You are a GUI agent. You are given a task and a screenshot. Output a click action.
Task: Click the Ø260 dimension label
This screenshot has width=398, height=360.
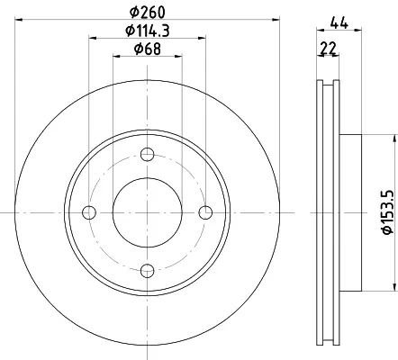(x=148, y=13)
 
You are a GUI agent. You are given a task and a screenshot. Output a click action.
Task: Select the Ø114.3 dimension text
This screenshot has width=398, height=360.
(x=148, y=31)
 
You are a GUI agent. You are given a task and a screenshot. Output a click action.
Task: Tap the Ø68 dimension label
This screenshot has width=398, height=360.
(x=148, y=49)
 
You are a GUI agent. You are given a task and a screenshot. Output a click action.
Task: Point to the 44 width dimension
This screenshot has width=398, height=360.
(x=339, y=22)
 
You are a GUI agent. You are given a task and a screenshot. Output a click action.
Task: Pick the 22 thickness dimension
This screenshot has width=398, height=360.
(x=329, y=49)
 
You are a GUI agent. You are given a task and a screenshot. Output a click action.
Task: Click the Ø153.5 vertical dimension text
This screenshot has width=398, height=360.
(x=387, y=212)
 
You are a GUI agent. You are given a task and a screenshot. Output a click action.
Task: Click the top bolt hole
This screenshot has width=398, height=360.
(x=148, y=155)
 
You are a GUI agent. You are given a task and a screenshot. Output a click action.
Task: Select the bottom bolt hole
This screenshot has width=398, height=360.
(x=148, y=271)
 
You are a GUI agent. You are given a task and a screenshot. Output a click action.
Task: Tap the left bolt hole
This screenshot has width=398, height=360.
(x=89, y=212)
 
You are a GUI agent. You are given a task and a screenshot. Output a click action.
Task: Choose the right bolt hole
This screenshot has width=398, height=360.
(x=205, y=212)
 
